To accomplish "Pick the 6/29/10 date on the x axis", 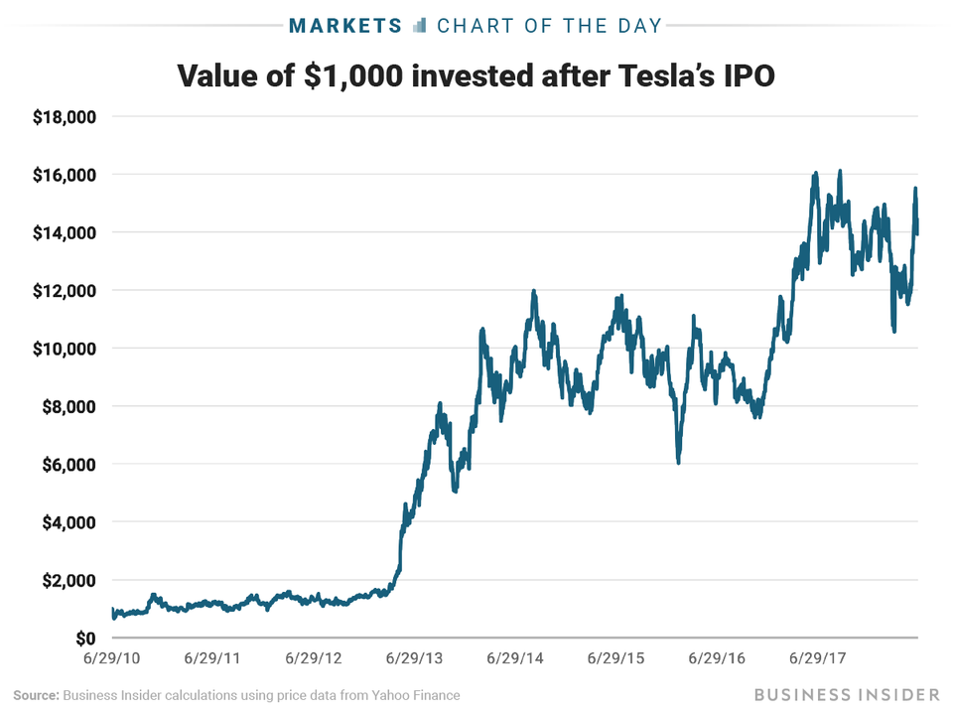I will click(x=112, y=658).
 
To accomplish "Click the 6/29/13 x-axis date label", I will click(x=416, y=658).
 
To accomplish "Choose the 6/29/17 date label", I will click(x=821, y=658).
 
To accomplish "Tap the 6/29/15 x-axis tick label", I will click(x=618, y=658).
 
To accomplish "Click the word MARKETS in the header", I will click(x=343, y=25).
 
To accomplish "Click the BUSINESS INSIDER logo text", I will click(x=845, y=692).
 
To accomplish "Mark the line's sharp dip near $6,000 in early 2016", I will click(x=679, y=462).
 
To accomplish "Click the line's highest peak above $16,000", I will click(x=840, y=171).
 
